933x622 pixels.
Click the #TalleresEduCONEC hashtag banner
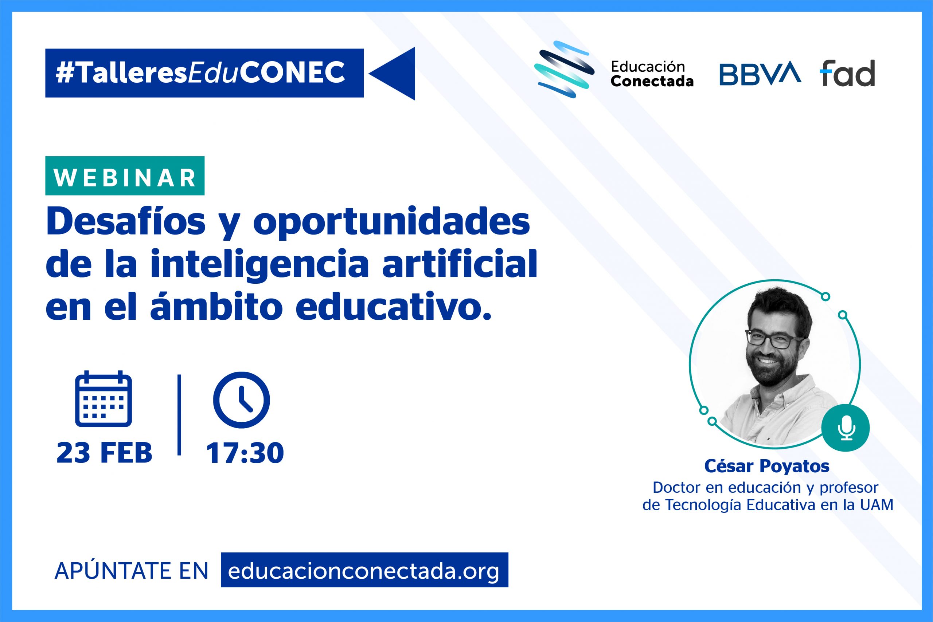tap(204, 73)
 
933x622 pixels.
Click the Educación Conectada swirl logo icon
tap(564, 70)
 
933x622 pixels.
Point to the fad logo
tap(847, 73)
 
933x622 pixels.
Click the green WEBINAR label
tap(125, 176)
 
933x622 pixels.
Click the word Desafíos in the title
tap(126, 223)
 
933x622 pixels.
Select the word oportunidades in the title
tap(391, 223)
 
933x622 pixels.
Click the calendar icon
tap(103, 399)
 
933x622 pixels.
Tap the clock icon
tap(241, 399)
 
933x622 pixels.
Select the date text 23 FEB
tap(105, 453)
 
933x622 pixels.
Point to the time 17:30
tap(245, 453)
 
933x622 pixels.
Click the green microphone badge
tap(846, 428)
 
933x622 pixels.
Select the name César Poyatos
tap(767, 466)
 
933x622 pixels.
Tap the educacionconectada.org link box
tap(364, 570)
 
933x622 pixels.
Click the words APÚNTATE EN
tap(132, 570)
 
